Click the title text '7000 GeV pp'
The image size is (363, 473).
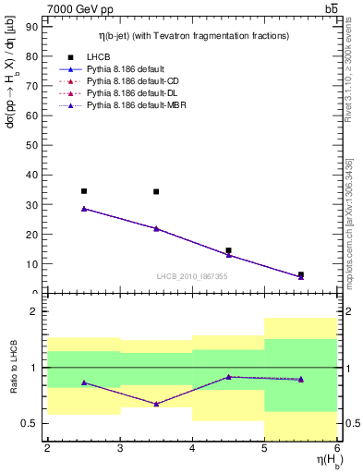(76, 9)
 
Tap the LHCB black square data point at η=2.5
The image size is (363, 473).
(84, 191)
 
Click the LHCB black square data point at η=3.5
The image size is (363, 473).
(156, 192)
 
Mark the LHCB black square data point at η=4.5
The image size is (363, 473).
(228, 250)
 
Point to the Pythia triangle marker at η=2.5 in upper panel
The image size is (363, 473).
(84, 209)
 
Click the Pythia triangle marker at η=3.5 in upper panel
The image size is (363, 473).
(156, 228)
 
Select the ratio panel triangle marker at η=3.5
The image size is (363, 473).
(156, 404)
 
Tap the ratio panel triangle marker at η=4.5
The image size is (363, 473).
(228, 377)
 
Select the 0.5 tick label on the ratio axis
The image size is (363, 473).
(30, 424)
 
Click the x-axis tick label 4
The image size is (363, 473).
(192, 449)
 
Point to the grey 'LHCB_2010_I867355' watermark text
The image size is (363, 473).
(192, 276)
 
